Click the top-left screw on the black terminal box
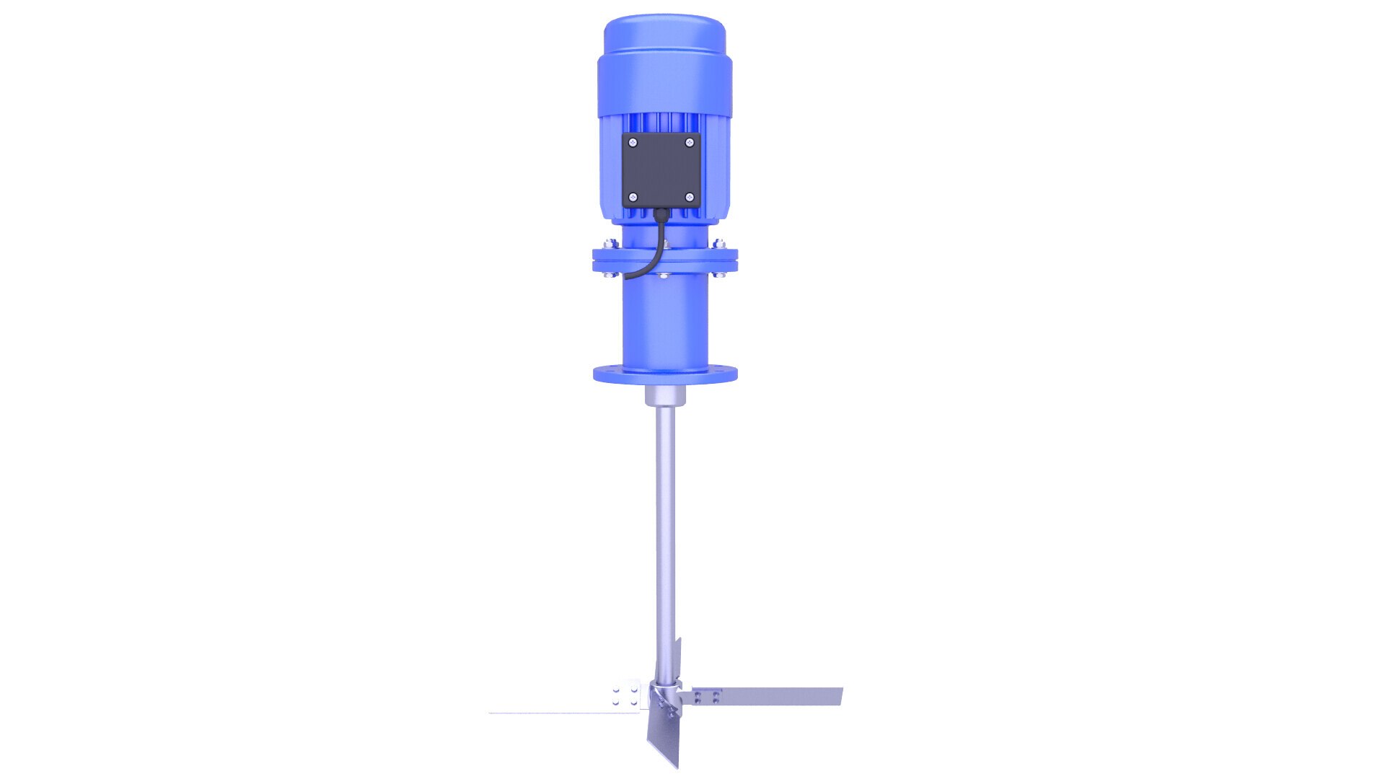tap(633, 142)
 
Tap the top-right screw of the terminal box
tap(689, 142)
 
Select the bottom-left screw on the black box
tap(633, 197)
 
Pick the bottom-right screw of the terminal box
tap(689, 197)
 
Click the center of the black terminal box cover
tap(661, 170)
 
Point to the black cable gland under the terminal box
tap(661, 213)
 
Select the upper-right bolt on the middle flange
tap(718, 243)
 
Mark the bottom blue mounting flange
tap(664, 374)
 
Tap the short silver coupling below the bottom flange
tap(664, 396)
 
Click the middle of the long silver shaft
tap(665, 534)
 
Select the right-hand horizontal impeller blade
tap(779, 697)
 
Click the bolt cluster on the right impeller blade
tap(706, 697)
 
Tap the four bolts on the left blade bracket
tap(625, 695)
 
